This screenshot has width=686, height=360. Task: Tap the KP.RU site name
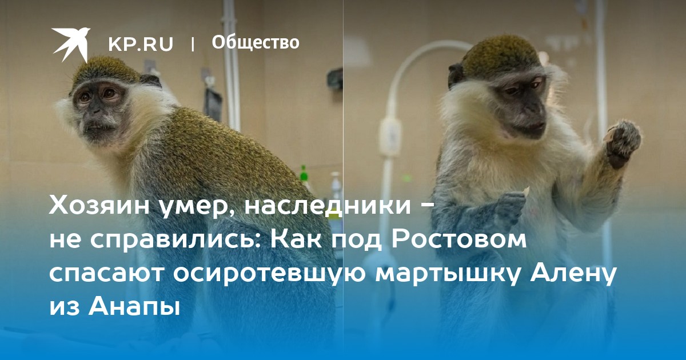point(141,44)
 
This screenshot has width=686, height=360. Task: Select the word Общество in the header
point(256,42)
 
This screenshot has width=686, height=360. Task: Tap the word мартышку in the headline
point(449,273)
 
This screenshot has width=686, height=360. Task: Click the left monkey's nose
point(95,110)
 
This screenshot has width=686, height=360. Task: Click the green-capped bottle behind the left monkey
point(304,174)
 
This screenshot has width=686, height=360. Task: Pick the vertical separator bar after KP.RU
point(193,44)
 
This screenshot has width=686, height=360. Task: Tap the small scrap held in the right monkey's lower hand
point(525,192)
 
